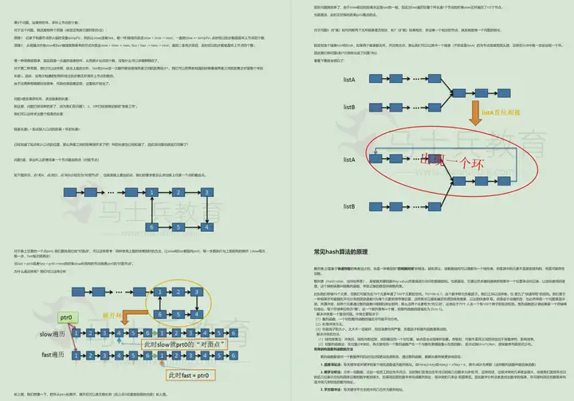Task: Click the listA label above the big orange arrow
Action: (348, 80)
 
